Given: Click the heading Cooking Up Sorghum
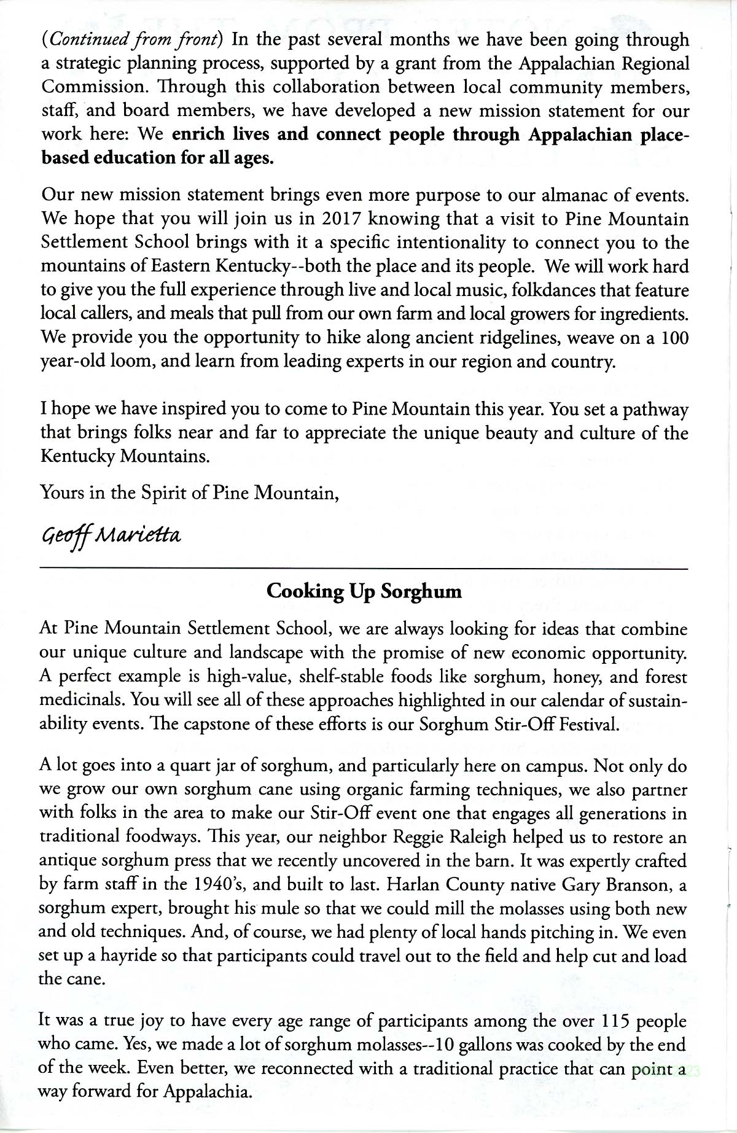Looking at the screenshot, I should (x=364, y=592).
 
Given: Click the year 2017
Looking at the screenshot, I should (x=340, y=219).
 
